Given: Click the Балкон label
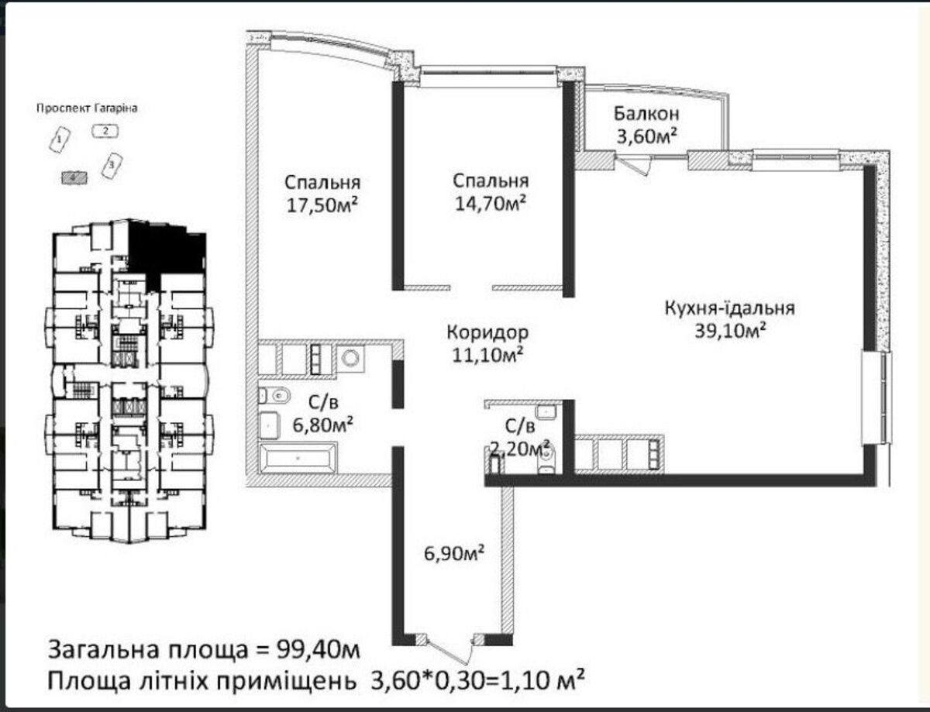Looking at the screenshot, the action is click(x=646, y=114).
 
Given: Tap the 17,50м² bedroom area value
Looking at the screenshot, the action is click(x=322, y=205).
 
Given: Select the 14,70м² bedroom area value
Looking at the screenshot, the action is click(x=491, y=203).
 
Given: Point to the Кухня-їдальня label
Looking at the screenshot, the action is click(x=730, y=308).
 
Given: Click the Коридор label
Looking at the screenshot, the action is click(x=488, y=332).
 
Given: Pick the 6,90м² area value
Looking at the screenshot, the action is click(x=454, y=553).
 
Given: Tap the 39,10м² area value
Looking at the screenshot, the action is click(x=730, y=331).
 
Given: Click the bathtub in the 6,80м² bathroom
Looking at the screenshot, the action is click(x=298, y=458).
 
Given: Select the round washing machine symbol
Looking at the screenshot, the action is click(x=351, y=359).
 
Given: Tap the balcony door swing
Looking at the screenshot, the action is click(x=633, y=164).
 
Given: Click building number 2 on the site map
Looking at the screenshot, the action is click(x=105, y=131).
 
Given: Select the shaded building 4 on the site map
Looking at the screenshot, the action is click(x=74, y=177).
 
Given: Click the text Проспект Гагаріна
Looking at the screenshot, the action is click(x=87, y=108).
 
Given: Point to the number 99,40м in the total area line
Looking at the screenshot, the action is click(x=318, y=651).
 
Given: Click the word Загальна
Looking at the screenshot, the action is click(x=103, y=651).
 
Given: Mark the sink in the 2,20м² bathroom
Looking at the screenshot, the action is click(x=546, y=411).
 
